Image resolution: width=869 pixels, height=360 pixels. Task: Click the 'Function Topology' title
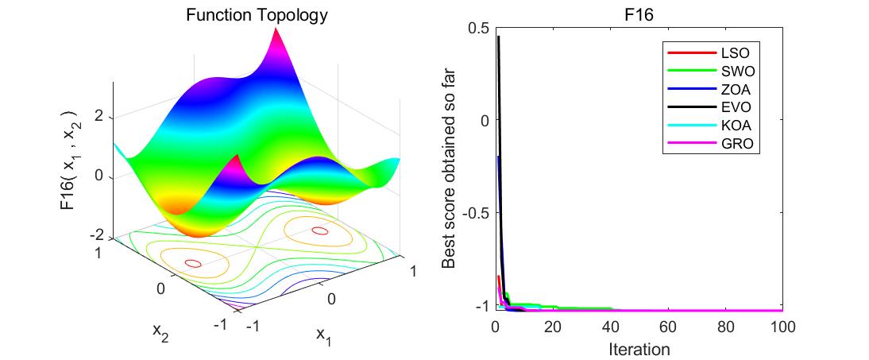(245, 15)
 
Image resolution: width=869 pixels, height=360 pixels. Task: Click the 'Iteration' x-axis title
(639, 349)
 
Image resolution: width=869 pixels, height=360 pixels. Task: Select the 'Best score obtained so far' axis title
(448, 168)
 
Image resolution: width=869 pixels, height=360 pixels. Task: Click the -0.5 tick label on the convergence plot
(474, 213)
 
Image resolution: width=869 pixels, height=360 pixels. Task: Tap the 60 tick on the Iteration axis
(667, 327)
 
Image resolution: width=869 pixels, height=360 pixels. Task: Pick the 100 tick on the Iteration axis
(782, 327)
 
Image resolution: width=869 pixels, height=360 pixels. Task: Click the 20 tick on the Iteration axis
(553, 327)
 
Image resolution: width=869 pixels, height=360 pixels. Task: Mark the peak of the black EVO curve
(498, 37)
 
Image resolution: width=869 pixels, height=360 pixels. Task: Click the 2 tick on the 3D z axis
(99, 116)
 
